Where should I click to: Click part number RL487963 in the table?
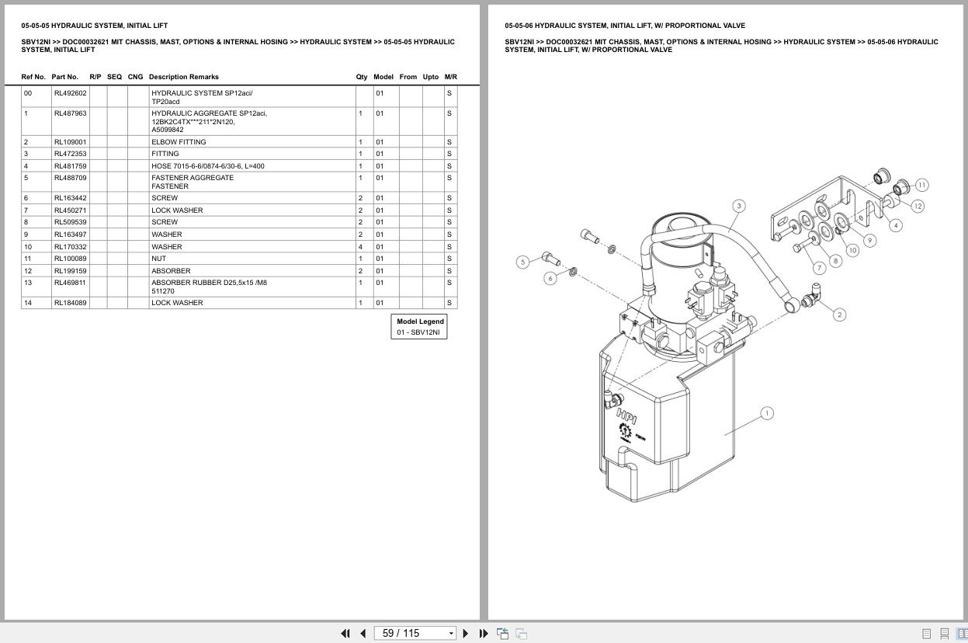pos(70,113)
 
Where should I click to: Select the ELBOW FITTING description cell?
pos(179,142)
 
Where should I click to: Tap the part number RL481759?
pos(70,166)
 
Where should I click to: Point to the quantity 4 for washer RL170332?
pos(360,247)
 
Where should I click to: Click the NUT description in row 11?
pos(158,259)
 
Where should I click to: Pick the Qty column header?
pos(362,77)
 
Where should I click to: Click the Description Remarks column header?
pos(184,77)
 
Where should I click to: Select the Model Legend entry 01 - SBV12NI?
pos(418,332)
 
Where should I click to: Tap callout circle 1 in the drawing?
pos(767,413)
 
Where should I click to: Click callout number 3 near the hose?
pos(739,206)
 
